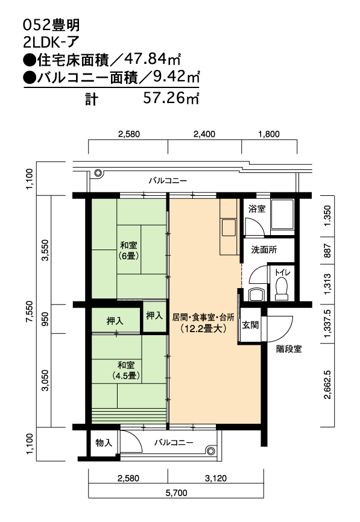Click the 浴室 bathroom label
[x=257, y=209]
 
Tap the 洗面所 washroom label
[x=264, y=250]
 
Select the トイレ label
[x=282, y=272]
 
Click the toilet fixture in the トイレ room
[x=282, y=288]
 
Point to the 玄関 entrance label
[x=250, y=325]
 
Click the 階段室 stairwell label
[x=289, y=349]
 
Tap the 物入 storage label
[x=104, y=442]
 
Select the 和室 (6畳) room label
[x=128, y=251]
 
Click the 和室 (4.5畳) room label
[x=126, y=371]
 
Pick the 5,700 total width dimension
[x=176, y=492]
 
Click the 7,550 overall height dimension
[x=30, y=311]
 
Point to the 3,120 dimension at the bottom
[x=216, y=479]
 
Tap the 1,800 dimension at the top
[x=269, y=134]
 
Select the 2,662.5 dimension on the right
[x=327, y=384]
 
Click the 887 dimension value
[x=327, y=251]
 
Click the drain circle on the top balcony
[x=98, y=173]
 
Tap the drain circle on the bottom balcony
[x=210, y=451]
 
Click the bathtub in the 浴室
[x=282, y=215]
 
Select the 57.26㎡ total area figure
[x=171, y=98]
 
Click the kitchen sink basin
[x=229, y=228]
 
